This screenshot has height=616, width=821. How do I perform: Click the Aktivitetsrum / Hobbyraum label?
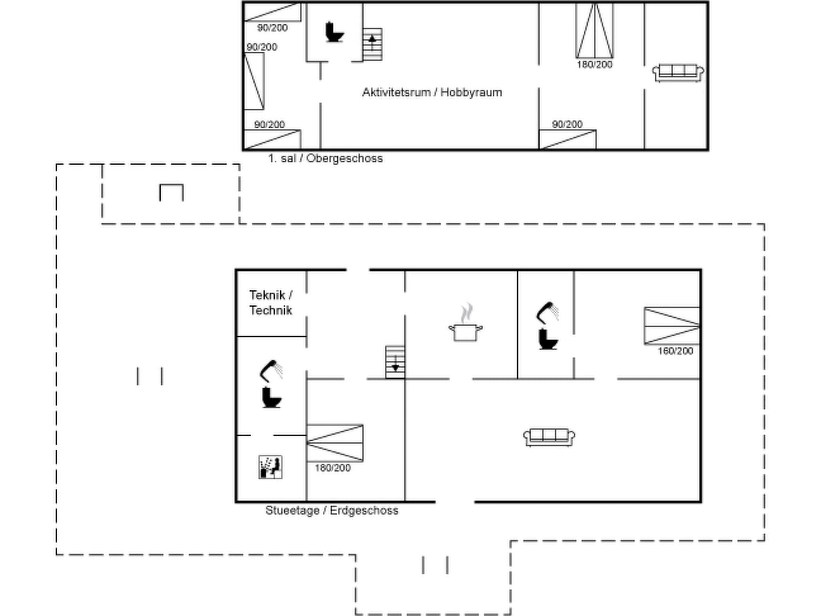tap(432, 93)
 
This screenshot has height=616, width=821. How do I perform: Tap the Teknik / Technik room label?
tap(271, 303)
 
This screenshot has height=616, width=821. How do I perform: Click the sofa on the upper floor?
tap(678, 73)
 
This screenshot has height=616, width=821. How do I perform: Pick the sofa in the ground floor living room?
tap(549, 437)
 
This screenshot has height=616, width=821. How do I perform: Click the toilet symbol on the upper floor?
tap(334, 32)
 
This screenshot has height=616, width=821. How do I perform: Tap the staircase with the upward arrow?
tap(372, 44)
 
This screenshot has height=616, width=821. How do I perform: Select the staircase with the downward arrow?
tap(395, 362)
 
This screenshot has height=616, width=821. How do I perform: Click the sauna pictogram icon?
tap(270, 467)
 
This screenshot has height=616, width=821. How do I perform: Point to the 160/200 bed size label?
tap(675, 351)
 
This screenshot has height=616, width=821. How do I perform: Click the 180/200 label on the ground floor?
tap(332, 468)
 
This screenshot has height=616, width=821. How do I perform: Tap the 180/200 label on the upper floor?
tap(595, 65)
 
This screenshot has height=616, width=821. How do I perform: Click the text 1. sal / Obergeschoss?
tap(325, 158)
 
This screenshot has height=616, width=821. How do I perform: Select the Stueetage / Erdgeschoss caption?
tap(332, 511)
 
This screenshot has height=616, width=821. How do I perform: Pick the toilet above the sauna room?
tap(271, 397)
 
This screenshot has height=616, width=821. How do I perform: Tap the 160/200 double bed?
tap(672, 326)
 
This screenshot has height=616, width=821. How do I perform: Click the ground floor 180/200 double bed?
tap(335, 443)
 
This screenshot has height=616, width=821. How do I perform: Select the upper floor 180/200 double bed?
tap(595, 31)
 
